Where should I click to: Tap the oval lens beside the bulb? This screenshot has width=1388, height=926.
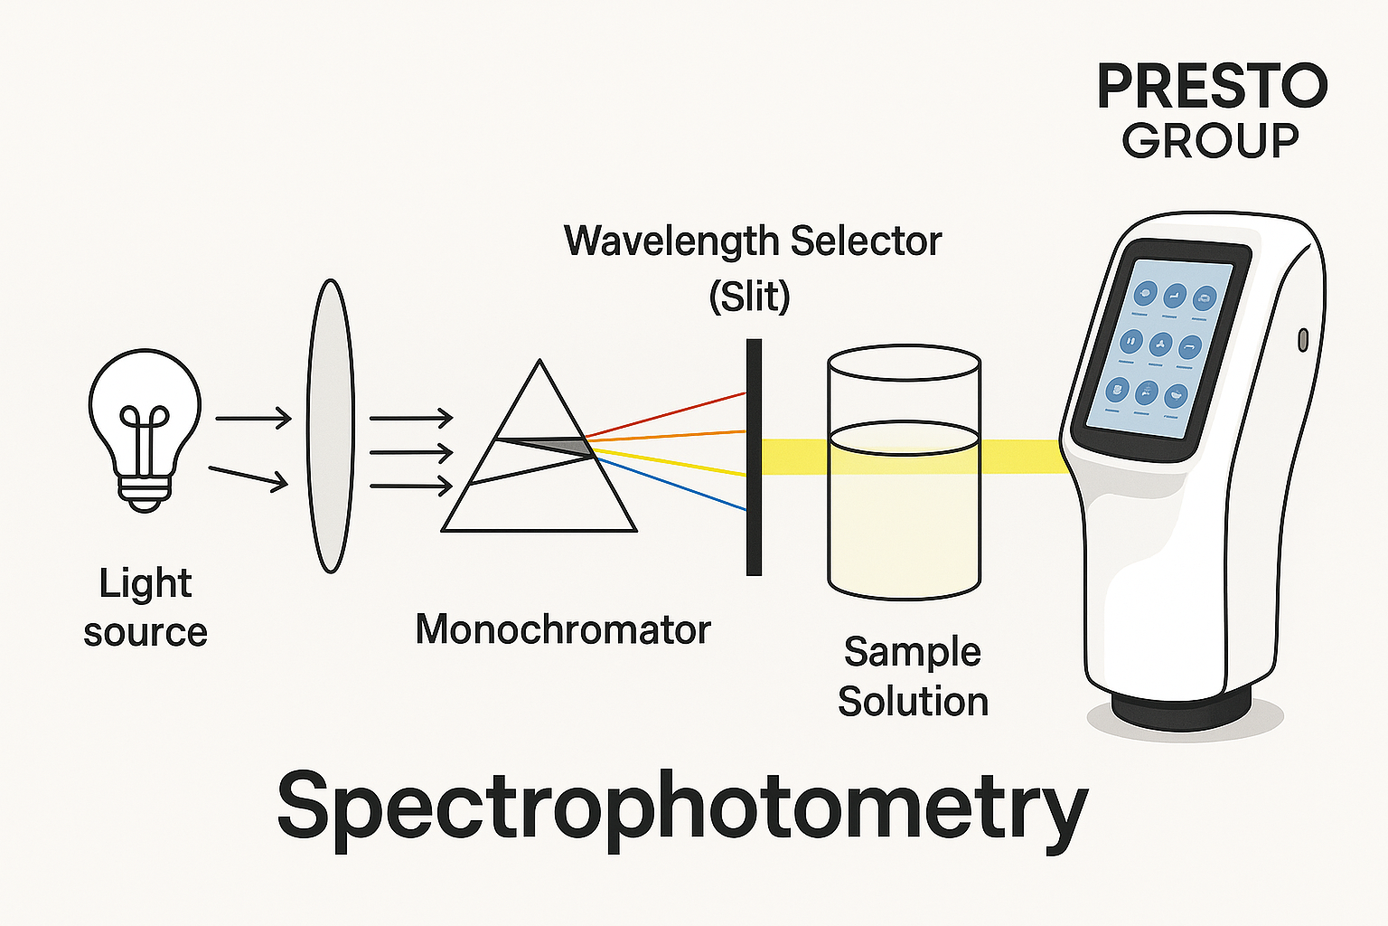330,426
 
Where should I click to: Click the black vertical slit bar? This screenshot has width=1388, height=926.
754,457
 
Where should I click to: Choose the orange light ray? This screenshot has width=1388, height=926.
669,436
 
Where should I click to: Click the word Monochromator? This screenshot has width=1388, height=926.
562,629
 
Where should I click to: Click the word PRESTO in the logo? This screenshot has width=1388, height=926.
1212,88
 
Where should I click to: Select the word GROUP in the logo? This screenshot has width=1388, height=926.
1210,141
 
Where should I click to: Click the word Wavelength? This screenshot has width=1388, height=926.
671,241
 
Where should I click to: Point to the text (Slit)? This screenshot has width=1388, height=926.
749,296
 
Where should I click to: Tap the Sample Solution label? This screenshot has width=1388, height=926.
913,676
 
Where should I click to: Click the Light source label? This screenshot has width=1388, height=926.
145,607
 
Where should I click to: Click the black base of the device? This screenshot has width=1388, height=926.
1181,705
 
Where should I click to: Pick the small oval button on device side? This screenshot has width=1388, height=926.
1302,340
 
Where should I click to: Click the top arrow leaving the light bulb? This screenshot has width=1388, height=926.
253,418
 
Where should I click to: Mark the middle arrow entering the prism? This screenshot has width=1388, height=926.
411,451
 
